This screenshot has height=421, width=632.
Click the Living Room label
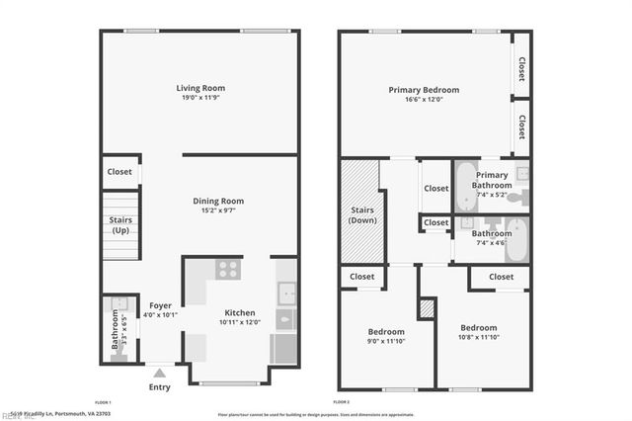pos(200,88)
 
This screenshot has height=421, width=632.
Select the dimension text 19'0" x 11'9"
pos(200,98)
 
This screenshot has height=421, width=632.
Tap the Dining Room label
pos(218,201)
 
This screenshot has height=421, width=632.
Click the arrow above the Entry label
pos(159,373)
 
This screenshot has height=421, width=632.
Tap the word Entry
pos(159,386)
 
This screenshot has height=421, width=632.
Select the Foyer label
pos(161,305)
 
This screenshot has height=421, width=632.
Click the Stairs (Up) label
pos(120,225)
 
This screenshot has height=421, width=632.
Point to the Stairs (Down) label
pos(361,214)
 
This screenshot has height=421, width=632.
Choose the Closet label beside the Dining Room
pos(119,172)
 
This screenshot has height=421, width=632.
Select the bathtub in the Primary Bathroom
pos(466,188)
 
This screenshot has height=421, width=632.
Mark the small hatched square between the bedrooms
pos(427,309)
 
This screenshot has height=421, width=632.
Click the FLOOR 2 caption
pos(342,403)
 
